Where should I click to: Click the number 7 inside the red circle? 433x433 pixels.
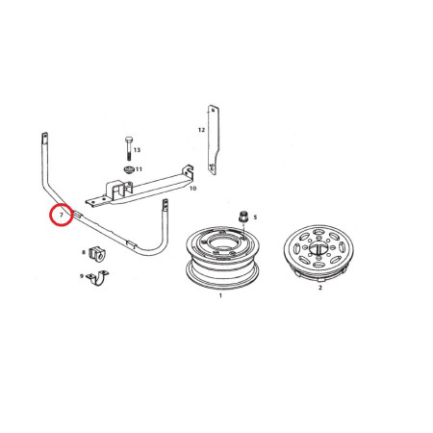[x=62, y=215]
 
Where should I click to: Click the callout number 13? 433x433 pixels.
[x=137, y=150]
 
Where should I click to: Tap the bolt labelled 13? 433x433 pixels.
[x=128, y=148]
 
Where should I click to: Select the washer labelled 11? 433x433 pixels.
[x=129, y=169]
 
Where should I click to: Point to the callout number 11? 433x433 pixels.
[x=139, y=169]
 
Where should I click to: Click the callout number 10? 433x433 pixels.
[x=192, y=189]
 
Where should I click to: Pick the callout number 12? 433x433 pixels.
[x=201, y=130]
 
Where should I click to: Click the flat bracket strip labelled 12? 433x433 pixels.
[x=214, y=140]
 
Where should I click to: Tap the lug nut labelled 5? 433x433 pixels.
[x=243, y=216]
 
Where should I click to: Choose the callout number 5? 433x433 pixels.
[x=255, y=217]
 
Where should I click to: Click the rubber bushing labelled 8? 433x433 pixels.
[x=97, y=254]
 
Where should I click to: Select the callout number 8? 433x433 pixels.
[x=84, y=252]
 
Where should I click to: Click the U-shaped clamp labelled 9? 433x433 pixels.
[x=97, y=278]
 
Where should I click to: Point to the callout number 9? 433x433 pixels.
[x=82, y=276]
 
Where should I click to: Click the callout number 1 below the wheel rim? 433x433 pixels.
[x=220, y=295]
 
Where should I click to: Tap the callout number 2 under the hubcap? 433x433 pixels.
[x=320, y=288]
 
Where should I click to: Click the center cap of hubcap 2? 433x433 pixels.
[x=318, y=247]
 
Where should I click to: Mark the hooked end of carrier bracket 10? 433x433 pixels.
[x=188, y=170]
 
